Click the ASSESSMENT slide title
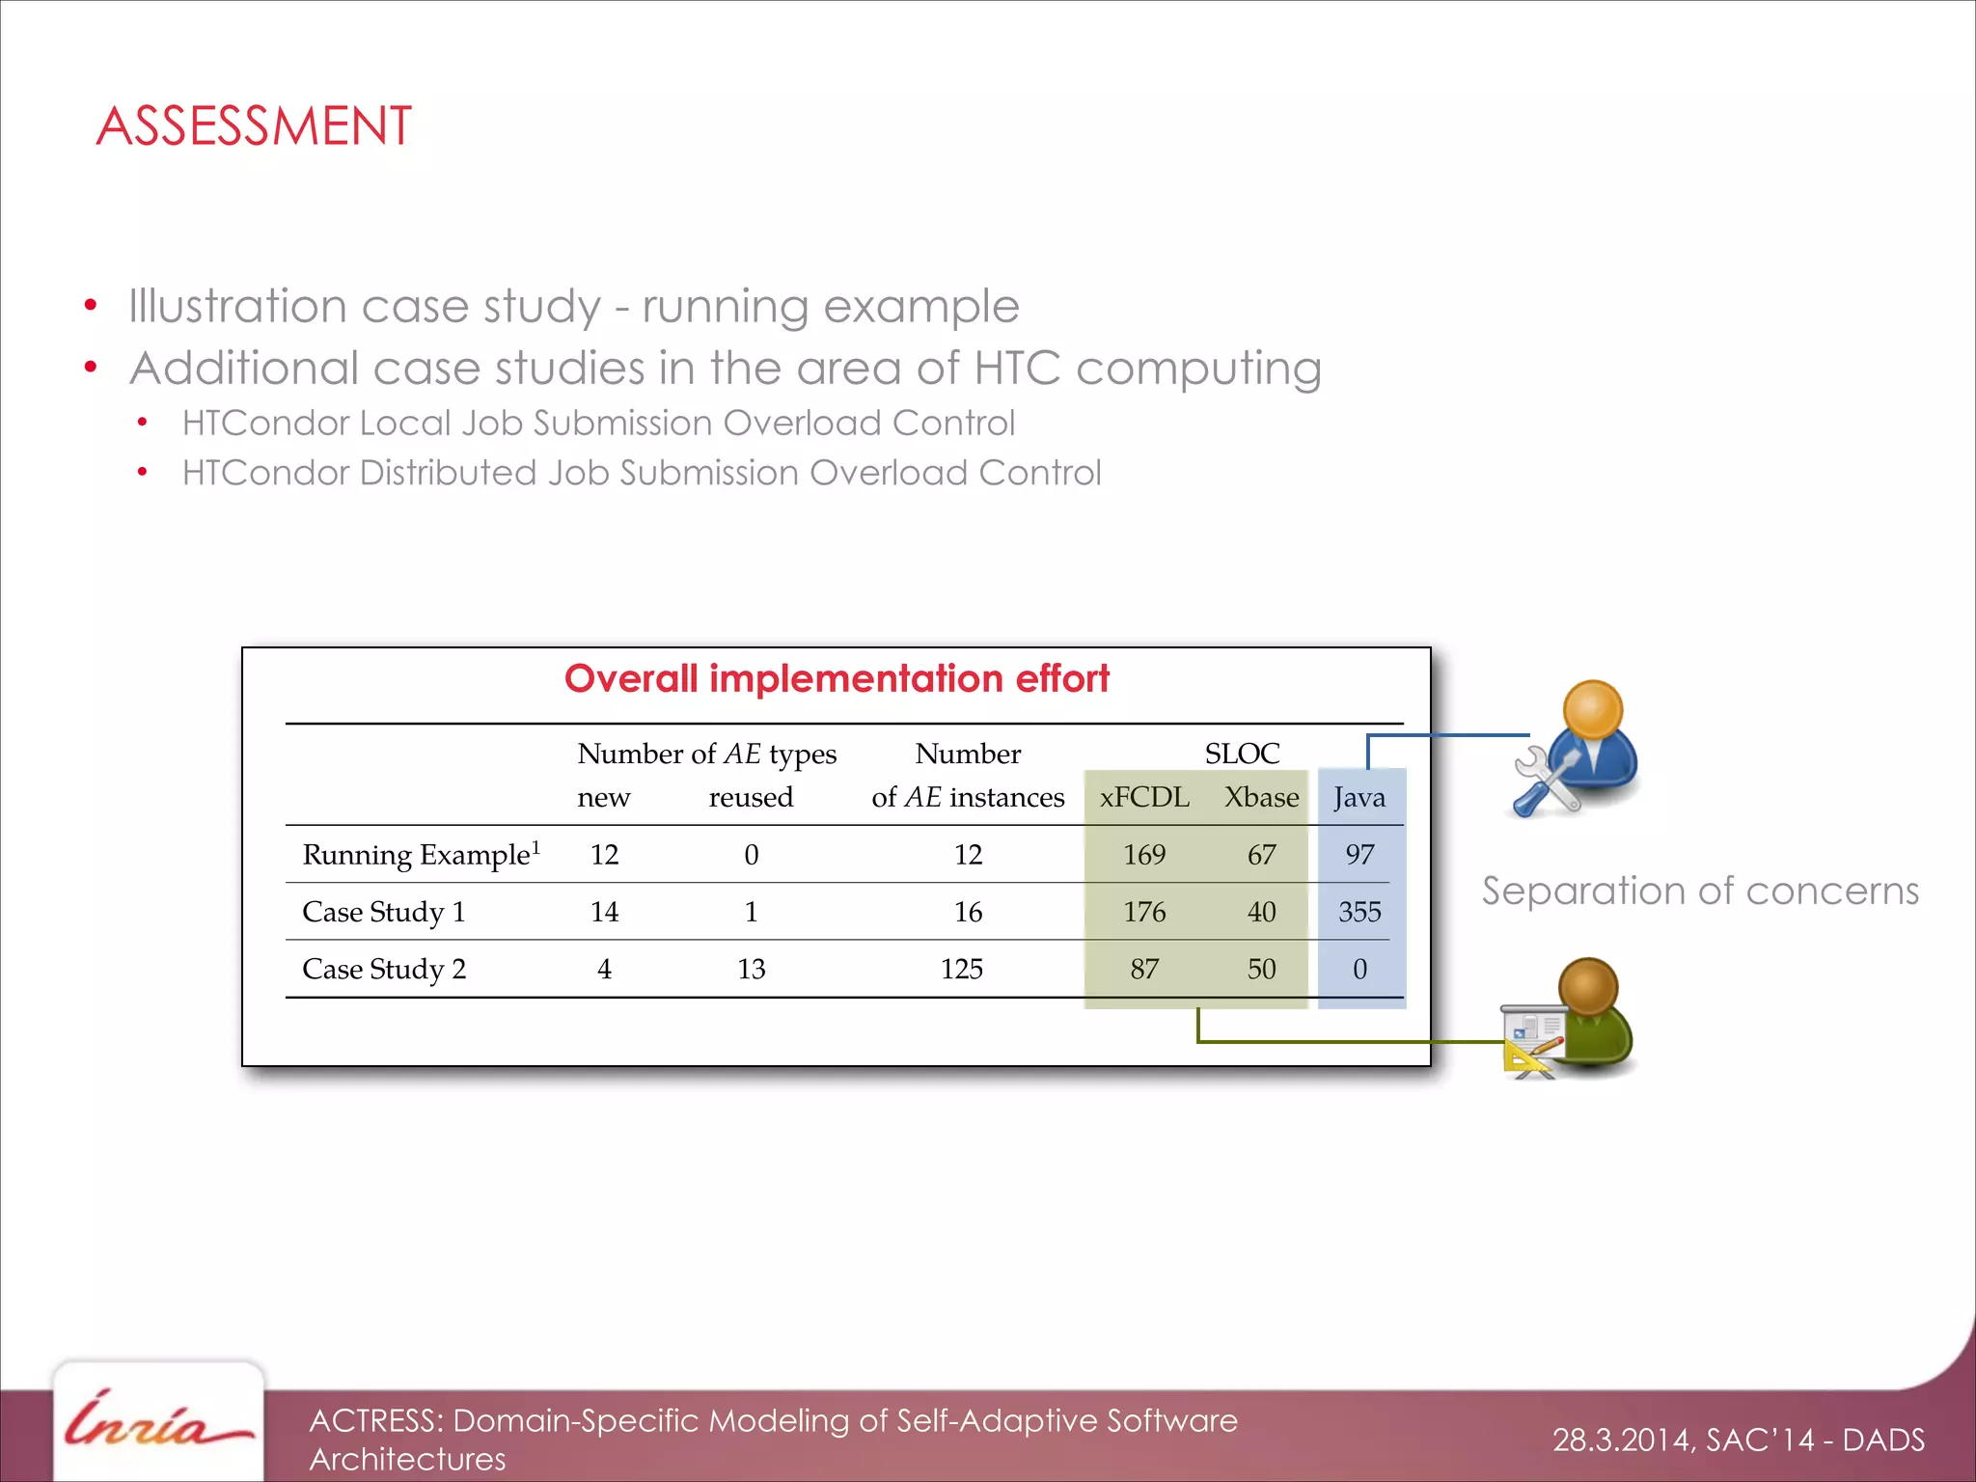[254, 126]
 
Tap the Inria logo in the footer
[157, 1423]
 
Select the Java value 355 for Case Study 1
[1359, 912]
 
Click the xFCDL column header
[1144, 797]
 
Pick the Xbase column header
[1261, 797]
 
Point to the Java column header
[1359, 797]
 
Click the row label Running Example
[417, 855]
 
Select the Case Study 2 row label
[384, 969]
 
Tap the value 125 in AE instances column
[962, 969]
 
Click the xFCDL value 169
[1144, 855]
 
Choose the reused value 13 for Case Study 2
[751, 969]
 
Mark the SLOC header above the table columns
[1242, 754]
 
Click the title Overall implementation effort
[837, 678]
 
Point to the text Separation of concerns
[1700, 891]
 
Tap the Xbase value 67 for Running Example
[1261, 855]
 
